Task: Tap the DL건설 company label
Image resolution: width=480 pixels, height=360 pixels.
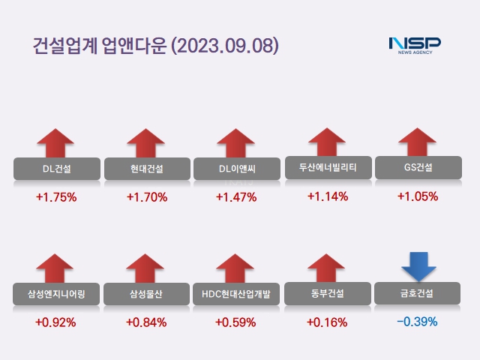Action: click(x=56, y=168)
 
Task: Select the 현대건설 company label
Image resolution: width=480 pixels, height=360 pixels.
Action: click(x=146, y=168)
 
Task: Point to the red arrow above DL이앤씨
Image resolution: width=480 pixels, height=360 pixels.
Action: click(x=236, y=142)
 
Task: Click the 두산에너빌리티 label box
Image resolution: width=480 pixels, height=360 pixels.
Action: click(x=328, y=167)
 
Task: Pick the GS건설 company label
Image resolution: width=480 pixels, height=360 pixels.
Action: click(x=418, y=167)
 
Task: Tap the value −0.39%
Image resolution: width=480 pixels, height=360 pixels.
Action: click(x=417, y=322)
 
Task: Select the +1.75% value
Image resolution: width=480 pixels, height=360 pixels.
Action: click(x=56, y=197)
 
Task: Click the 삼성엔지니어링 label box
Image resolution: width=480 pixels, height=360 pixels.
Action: click(x=56, y=293)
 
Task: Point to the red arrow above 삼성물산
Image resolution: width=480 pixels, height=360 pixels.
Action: click(x=146, y=268)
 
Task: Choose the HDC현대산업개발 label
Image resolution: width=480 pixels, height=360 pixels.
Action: click(x=236, y=293)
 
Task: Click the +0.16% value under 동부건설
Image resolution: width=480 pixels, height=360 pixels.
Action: click(x=327, y=322)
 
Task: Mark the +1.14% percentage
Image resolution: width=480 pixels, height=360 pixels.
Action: click(x=328, y=196)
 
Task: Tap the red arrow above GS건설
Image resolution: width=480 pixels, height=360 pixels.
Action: click(x=418, y=142)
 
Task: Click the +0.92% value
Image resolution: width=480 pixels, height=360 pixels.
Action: click(x=56, y=322)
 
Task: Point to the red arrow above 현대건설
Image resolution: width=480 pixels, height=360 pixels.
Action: click(x=146, y=142)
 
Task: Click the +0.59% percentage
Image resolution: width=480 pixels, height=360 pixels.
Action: click(x=236, y=322)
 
